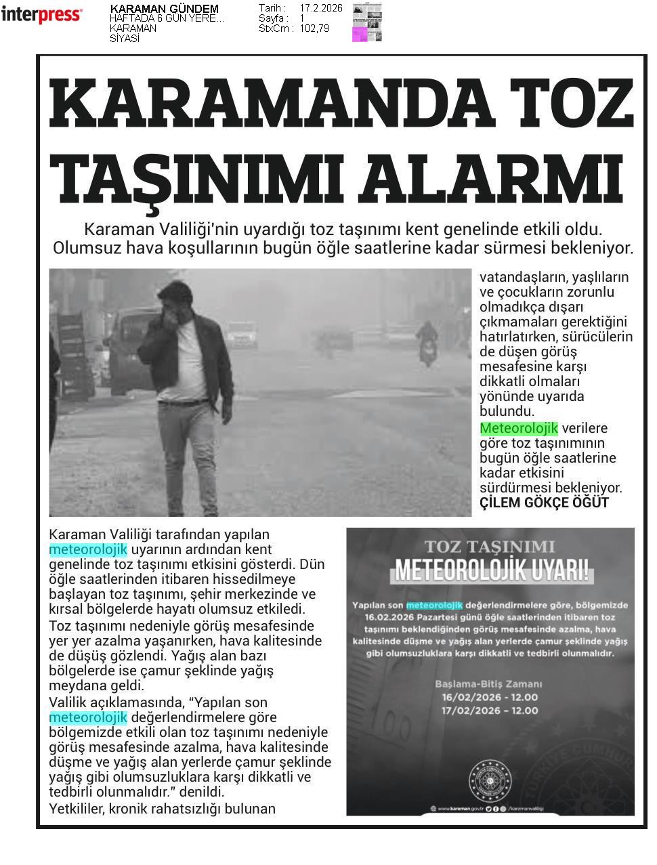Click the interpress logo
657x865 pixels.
(x=41, y=14)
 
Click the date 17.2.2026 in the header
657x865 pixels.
(x=320, y=8)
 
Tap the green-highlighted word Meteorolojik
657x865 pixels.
(x=518, y=428)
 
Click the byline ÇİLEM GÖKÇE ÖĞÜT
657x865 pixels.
(x=544, y=503)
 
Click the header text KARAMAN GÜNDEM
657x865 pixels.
(x=164, y=9)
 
